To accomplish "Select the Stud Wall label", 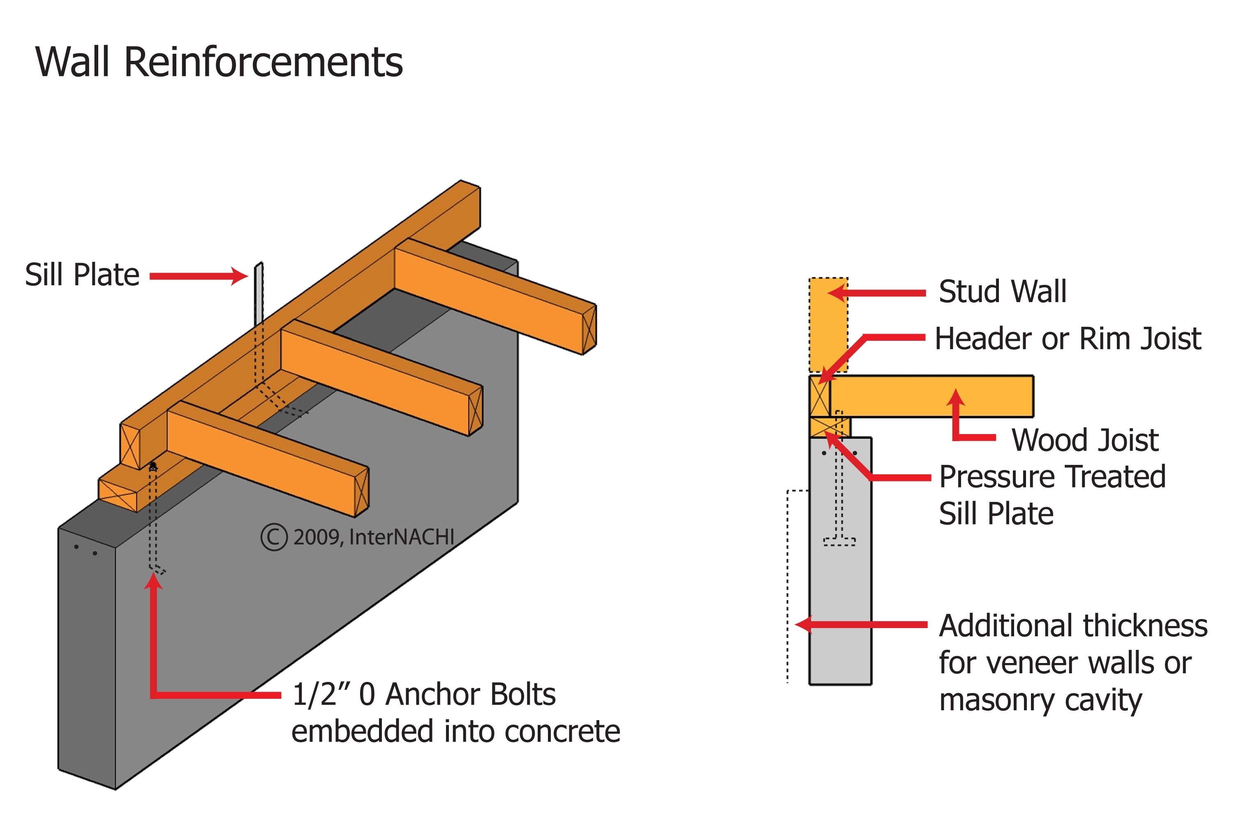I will click(x=1002, y=291).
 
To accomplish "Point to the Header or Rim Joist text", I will click(x=1067, y=339).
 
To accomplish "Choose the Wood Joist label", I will click(x=1084, y=440).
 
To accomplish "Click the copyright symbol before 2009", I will click(x=274, y=537).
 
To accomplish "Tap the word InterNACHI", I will click(x=402, y=537).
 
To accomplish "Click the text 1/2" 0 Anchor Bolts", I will click(x=423, y=694).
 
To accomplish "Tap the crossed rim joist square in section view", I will click(x=819, y=396).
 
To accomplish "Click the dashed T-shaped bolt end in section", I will click(x=839, y=541).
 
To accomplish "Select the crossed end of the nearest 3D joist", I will click(x=361, y=492).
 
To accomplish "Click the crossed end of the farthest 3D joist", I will click(x=589, y=329).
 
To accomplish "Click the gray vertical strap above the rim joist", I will click(x=259, y=293).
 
